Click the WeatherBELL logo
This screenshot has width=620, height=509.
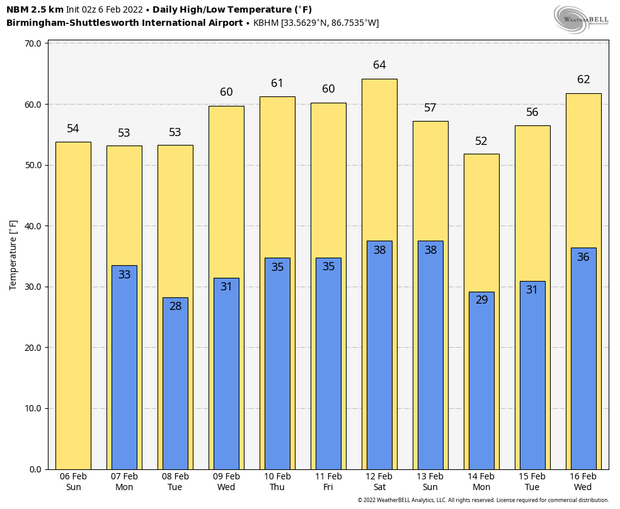pos(581,19)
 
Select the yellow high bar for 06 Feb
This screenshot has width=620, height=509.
pos(73,306)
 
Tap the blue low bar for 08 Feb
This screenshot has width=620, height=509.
pos(175,383)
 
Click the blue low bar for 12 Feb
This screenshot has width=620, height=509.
pos(379,355)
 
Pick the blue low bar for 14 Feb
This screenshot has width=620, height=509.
pos(481,380)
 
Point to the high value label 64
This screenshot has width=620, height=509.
pos(379,65)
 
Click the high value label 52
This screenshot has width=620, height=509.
pos(481,141)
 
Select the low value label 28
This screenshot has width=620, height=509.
pos(175,306)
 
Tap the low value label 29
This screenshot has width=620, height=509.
pos(481,300)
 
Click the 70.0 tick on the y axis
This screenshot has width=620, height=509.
pos(33,43)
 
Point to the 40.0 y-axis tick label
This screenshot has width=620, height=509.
pos(33,226)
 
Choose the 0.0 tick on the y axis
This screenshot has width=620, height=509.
pos(35,469)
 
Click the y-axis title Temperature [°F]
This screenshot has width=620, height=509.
pos(13,255)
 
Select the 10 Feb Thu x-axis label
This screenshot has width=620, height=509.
pos(277,482)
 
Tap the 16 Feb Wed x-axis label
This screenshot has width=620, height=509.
pos(583,482)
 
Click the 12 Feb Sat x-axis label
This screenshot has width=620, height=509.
pos(379,482)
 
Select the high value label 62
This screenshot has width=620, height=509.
pos(583,79)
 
